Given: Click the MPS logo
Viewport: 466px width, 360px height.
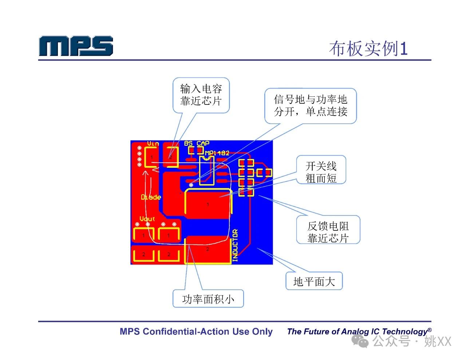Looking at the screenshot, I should [x=76, y=46].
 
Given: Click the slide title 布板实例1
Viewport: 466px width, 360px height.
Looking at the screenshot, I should [x=368, y=48].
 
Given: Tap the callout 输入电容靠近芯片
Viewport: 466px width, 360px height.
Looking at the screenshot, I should [x=201, y=95].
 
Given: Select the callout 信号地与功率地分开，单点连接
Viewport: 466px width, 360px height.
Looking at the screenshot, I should [x=311, y=106].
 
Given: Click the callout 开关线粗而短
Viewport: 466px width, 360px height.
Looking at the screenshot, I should [x=321, y=172].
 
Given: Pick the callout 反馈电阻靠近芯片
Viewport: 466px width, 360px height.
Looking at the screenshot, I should [x=328, y=232].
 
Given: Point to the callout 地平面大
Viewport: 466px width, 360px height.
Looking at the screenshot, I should [x=314, y=281].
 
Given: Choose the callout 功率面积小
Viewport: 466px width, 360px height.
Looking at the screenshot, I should [x=208, y=299].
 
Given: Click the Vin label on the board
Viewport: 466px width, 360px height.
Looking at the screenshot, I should [x=153, y=143].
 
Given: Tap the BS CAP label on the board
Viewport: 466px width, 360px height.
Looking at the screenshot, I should [x=197, y=143].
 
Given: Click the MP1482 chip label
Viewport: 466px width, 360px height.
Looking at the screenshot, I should [x=217, y=153].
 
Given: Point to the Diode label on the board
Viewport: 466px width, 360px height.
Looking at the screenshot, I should [x=151, y=197].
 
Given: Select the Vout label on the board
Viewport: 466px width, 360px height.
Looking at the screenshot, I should [x=147, y=219].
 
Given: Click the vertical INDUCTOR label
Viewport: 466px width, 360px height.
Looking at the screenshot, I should [x=235, y=245].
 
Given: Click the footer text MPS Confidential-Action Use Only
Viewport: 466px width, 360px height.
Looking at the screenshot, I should [x=196, y=332].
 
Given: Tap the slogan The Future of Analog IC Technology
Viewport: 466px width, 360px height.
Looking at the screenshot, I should [x=359, y=331].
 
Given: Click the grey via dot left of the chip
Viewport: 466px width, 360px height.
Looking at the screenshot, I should [x=191, y=185].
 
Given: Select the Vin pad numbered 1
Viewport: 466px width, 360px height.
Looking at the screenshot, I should [x=151, y=157].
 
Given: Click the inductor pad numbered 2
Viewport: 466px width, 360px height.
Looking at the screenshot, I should [x=208, y=249].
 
